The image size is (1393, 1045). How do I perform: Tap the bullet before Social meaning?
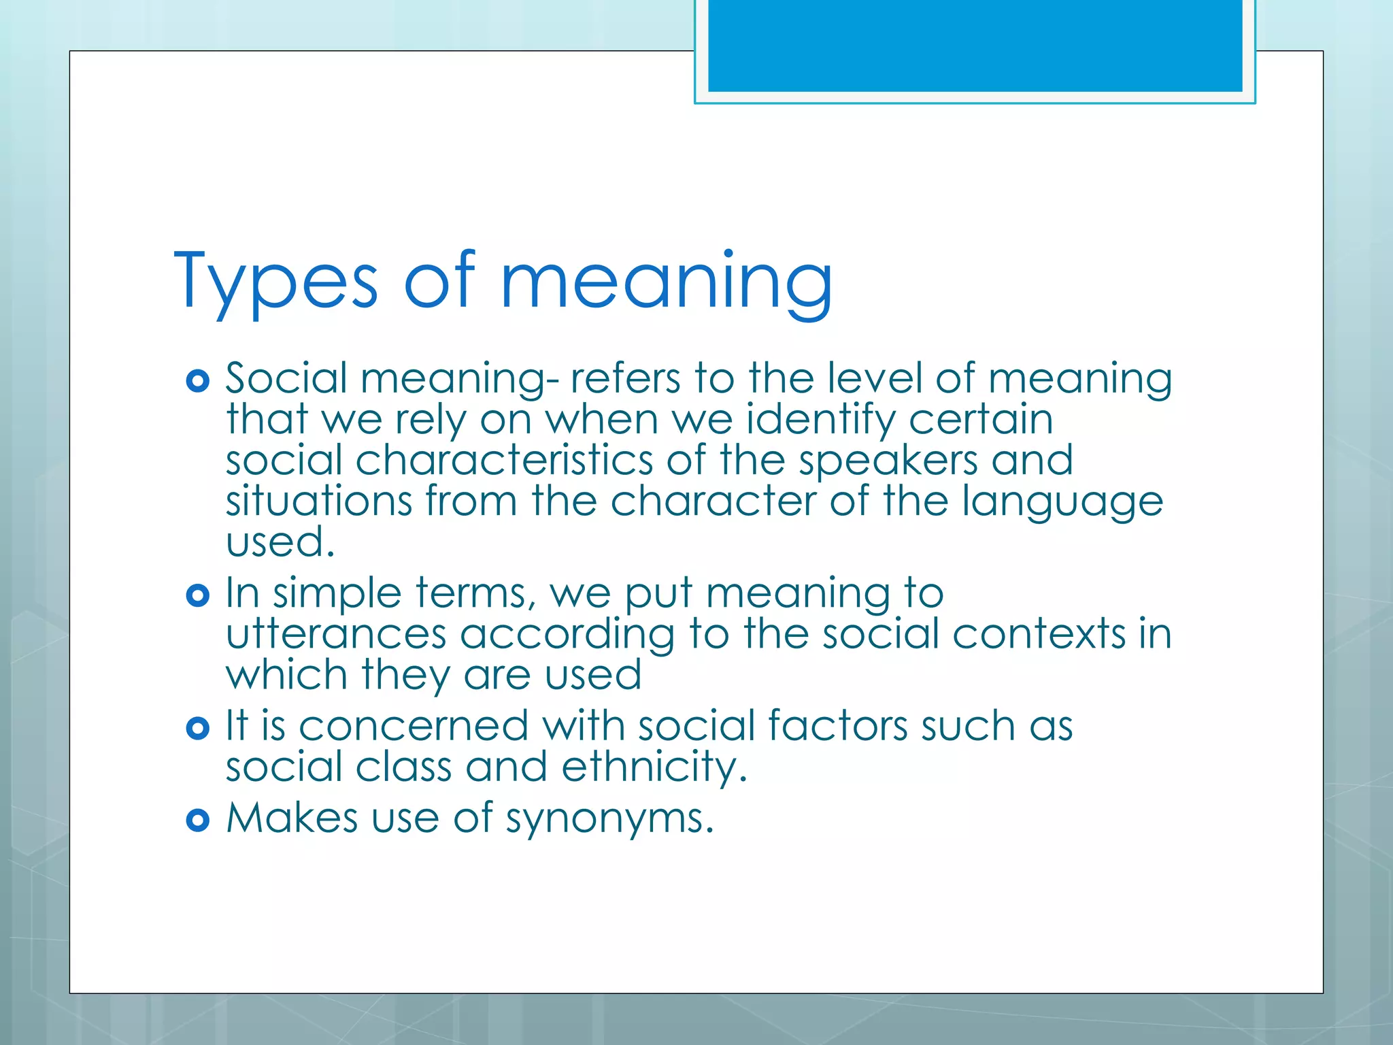pyautogui.click(x=197, y=381)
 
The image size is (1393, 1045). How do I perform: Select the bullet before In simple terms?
pyautogui.click(x=197, y=596)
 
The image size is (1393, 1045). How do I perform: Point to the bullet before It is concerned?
pyautogui.click(x=197, y=729)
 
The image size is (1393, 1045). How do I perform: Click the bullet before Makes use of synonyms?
pyautogui.click(x=197, y=820)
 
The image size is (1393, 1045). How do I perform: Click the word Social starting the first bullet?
pyautogui.click(x=286, y=378)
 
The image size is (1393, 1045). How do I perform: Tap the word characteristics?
pyautogui.click(x=504, y=461)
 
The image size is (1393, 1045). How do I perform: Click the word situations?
pyautogui.click(x=318, y=501)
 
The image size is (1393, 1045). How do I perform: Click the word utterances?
pyautogui.click(x=335, y=634)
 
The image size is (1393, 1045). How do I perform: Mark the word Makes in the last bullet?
pyautogui.click(x=292, y=818)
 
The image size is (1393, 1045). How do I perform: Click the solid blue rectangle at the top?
pyautogui.click(x=975, y=46)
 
